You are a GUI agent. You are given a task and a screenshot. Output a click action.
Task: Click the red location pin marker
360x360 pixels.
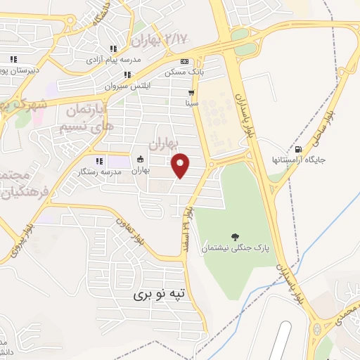[x=181, y=165]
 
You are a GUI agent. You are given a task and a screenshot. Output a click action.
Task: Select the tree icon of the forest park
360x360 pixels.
[x=234, y=237]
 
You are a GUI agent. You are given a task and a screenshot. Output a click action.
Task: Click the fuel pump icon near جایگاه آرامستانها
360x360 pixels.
[x=300, y=148]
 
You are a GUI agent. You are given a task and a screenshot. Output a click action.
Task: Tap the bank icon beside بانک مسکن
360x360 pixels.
[x=184, y=61]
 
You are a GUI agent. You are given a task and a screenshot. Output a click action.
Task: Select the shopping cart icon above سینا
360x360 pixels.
[x=191, y=92]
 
